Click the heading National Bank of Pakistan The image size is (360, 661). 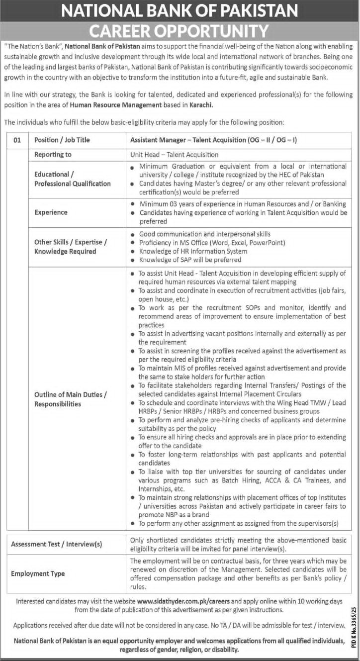click(180, 10)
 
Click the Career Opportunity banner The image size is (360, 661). click(180, 31)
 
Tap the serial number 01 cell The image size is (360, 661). click(17, 140)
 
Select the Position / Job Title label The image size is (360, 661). click(62, 140)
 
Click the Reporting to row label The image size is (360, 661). click(53, 155)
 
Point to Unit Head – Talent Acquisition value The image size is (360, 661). click(174, 155)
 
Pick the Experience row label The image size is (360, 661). click(51, 212)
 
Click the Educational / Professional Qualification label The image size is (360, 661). click(73, 179)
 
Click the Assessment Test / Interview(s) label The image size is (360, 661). click(57, 544)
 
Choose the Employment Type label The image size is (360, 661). click(38, 573)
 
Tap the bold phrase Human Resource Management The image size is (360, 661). click(116, 105)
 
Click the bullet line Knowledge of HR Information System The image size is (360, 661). click(193, 251)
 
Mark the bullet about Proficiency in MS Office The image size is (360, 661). click(212, 242)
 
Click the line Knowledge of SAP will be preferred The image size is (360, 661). click(190, 260)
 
